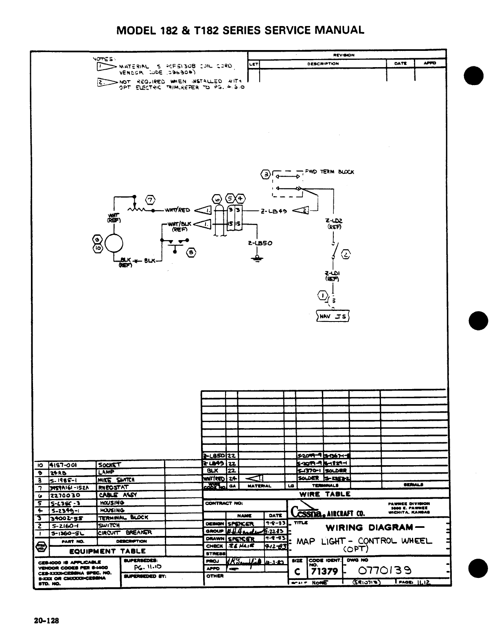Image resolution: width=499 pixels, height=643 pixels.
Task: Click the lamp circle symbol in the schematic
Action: [x=114, y=244]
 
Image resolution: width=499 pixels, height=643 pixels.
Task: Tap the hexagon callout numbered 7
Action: [x=151, y=200]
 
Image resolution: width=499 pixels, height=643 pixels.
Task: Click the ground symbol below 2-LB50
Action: [x=257, y=259]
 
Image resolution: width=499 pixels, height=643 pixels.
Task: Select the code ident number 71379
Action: [x=324, y=571]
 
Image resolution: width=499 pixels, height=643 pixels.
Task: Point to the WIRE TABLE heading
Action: [x=325, y=494]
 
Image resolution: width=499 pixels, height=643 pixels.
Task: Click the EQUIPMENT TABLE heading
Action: [x=107, y=551]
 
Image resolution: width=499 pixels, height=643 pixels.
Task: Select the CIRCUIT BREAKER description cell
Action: [x=125, y=532]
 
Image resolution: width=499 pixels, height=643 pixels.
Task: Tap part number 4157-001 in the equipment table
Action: [x=63, y=465]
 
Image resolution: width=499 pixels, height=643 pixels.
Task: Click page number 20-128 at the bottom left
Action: [x=47, y=621]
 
